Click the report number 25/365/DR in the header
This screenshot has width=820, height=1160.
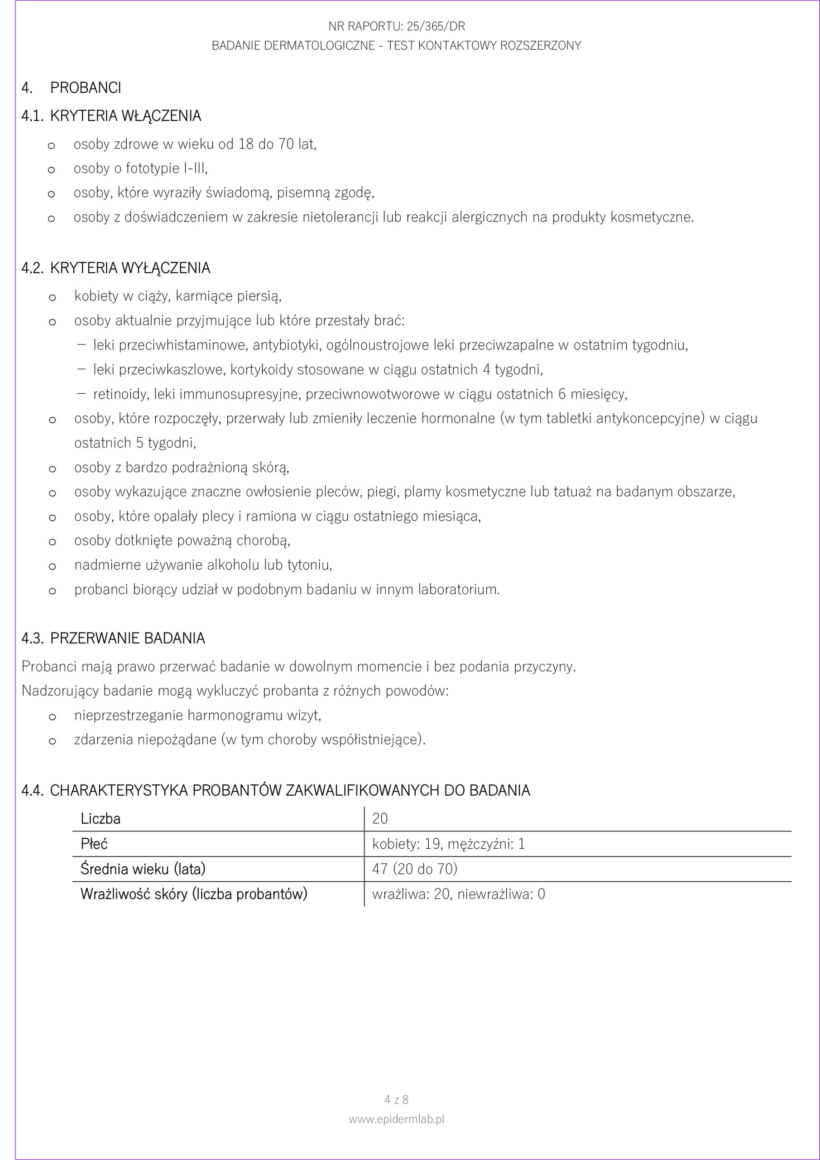coord(436,26)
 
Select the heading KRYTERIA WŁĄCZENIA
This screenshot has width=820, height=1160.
coord(125,116)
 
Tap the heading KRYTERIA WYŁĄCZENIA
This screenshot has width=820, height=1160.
coord(130,268)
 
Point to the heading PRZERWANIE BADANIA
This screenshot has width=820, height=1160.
coord(127,638)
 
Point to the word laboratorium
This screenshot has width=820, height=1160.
coord(459,590)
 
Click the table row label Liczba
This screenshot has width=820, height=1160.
coord(101,818)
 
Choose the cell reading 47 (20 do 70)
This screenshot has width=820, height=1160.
coord(415,869)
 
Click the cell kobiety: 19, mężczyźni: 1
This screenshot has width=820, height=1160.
coord(448,844)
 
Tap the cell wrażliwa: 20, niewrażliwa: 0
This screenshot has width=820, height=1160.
coord(459,894)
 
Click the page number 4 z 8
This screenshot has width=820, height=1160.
coord(396,1099)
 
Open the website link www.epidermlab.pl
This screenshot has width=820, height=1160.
coord(396,1119)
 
